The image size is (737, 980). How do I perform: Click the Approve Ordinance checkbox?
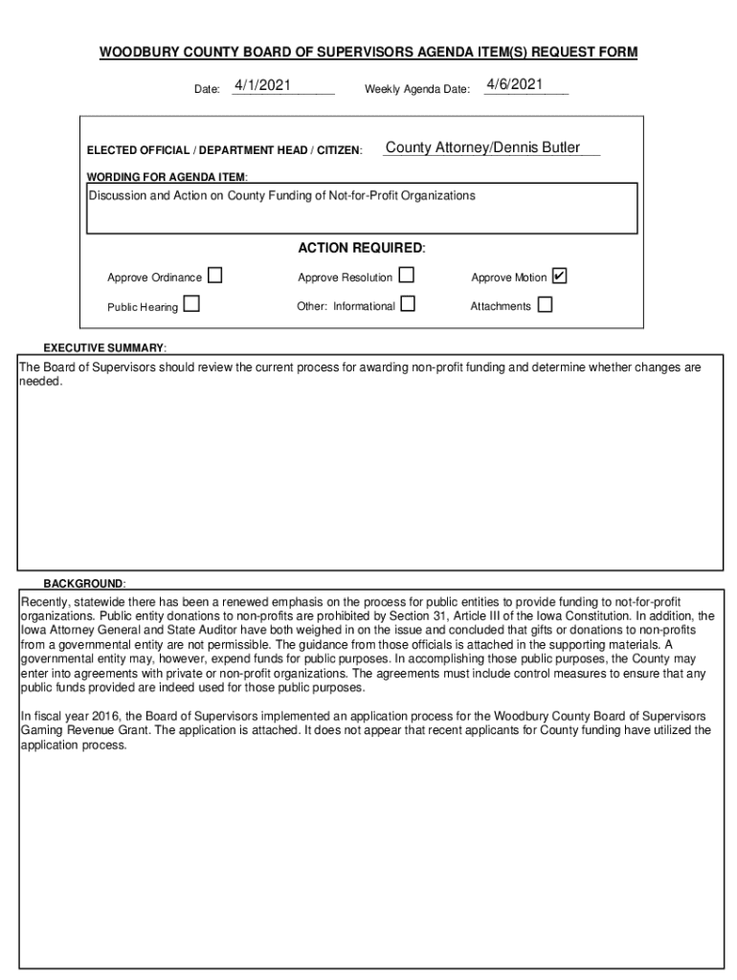[214, 277]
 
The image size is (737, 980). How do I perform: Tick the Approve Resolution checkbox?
[407, 277]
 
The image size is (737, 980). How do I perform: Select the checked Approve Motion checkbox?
[560, 277]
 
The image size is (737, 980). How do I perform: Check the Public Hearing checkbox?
[191, 305]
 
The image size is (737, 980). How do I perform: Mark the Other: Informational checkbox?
[408, 305]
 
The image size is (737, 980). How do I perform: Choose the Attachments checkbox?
[545, 305]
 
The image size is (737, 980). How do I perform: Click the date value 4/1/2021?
[262, 86]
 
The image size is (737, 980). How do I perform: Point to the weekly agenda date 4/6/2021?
[514, 85]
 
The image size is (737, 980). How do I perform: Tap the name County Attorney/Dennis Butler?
[482, 148]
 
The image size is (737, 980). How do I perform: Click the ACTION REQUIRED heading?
[361, 249]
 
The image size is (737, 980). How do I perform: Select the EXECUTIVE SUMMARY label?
[104, 347]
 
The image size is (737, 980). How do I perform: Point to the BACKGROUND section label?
[83, 584]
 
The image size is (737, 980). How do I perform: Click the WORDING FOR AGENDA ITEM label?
[167, 178]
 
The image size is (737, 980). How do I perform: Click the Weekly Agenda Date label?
[416, 90]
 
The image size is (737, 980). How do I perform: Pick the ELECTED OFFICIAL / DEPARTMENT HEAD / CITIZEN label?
[224, 151]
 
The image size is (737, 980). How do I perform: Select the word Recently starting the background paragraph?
[45, 602]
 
